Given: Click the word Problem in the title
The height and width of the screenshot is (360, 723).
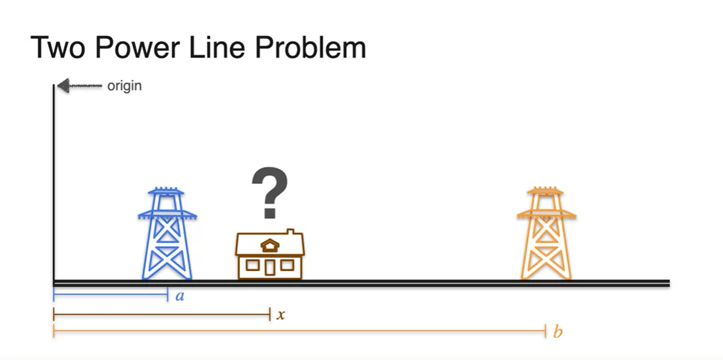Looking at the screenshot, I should [310, 48].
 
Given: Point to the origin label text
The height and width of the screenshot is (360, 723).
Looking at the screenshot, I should [124, 86].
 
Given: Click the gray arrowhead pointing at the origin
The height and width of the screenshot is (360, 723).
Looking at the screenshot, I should [63, 86].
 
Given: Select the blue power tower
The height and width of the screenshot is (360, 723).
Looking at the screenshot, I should [167, 234].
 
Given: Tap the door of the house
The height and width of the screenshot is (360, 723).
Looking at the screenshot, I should [270, 267].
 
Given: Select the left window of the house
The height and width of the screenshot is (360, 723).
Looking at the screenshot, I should [252, 265].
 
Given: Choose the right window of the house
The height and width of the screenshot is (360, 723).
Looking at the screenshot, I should [287, 265].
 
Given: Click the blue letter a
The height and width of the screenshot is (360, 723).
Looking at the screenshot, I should [180, 297].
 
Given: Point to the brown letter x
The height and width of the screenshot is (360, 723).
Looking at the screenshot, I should [280, 315].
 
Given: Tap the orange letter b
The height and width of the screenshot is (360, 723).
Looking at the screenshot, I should [557, 332].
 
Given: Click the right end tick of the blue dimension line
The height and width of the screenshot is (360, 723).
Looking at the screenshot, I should [167, 295].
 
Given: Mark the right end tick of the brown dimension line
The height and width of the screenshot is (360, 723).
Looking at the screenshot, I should [269, 314].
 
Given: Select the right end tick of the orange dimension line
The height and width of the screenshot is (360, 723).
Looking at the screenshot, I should [545, 330].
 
